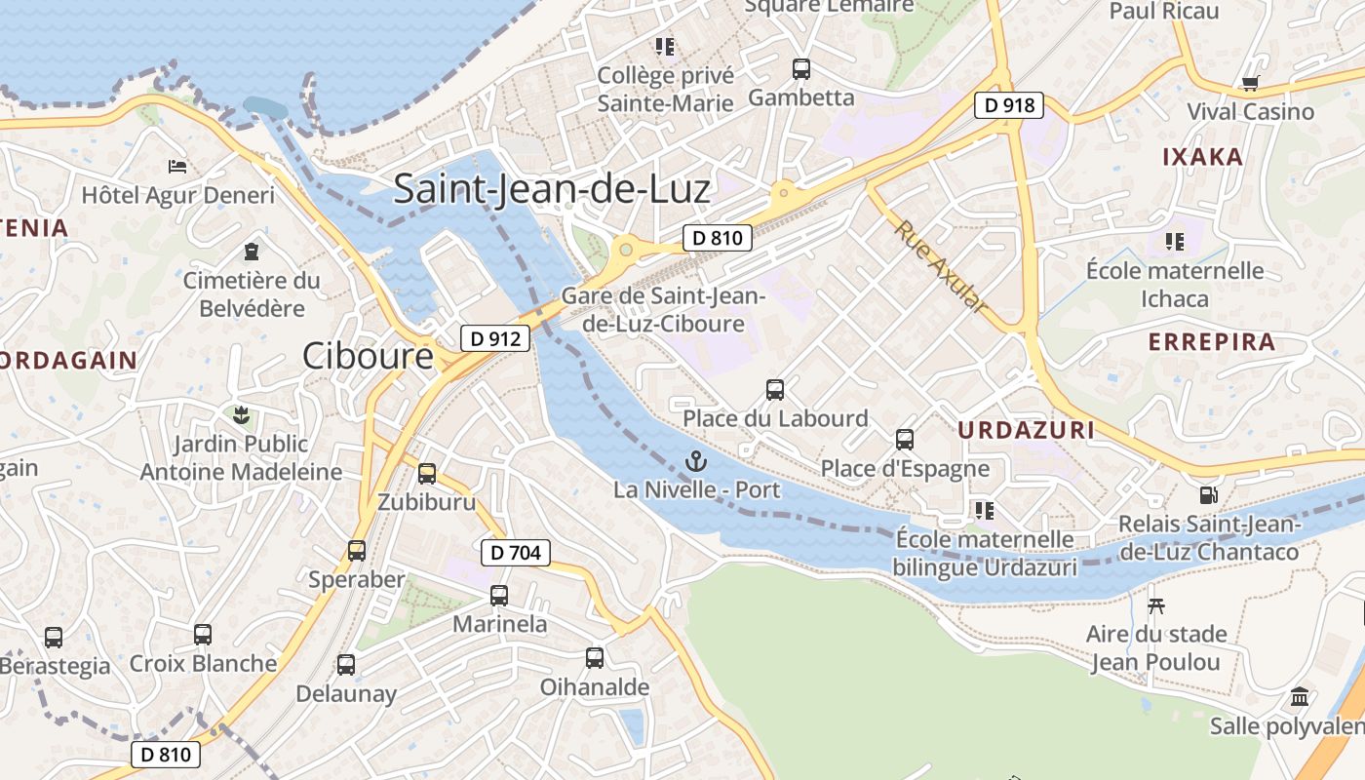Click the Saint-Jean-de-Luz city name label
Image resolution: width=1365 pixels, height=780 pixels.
(552, 188)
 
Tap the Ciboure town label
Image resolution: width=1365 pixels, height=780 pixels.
(368, 356)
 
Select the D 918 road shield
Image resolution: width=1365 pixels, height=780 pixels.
(1009, 104)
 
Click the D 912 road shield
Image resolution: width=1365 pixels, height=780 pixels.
(495, 338)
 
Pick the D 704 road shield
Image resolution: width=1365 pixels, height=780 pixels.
(516, 553)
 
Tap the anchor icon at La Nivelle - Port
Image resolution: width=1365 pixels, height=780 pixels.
(696, 460)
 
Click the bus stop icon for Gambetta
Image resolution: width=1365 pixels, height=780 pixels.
(801, 69)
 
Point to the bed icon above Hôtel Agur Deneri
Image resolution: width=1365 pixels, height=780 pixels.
(177, 166)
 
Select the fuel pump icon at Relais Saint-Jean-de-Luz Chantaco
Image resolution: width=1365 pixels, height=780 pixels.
(1209, 495)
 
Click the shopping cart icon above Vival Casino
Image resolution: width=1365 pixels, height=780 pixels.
(1251, 83)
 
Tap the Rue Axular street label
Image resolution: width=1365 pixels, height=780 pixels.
(942, 266)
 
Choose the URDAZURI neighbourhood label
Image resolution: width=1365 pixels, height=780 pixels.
(1026, 430)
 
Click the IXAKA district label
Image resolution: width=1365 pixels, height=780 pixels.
(1203, 157)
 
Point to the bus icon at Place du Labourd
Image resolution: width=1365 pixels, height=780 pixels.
(775, 390)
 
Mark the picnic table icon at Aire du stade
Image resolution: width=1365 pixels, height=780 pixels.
(1156, 605)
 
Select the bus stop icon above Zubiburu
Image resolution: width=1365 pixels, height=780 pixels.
(427, 474)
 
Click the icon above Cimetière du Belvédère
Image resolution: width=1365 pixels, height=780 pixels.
(253, 252)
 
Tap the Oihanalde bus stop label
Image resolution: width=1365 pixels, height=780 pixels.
(595, 687)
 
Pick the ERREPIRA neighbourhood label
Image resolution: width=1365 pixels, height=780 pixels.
(1212, 342)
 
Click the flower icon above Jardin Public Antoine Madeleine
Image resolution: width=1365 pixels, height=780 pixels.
(241, 415)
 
